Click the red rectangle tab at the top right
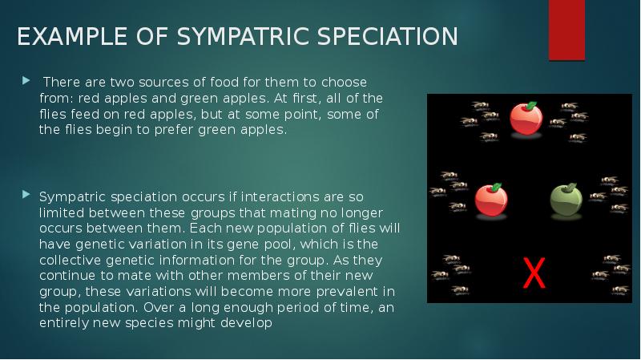(x=566, y=30)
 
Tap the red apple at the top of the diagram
(x=526, y=119)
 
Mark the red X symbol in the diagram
(x=534, y=274)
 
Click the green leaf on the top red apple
(x=530, y=105)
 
